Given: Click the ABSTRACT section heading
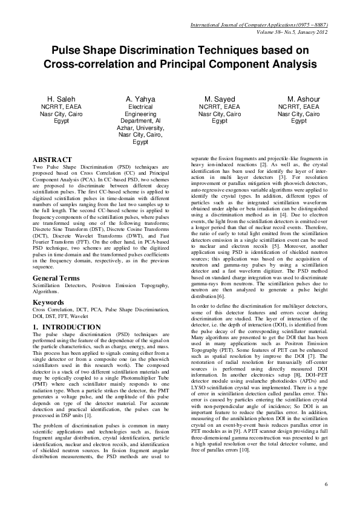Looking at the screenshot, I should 53,160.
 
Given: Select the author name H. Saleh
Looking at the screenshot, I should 57,99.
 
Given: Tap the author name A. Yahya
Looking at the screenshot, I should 140,99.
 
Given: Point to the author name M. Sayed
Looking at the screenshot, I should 219,99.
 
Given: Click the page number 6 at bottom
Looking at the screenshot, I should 326,484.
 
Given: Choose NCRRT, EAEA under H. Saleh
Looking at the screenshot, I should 57,106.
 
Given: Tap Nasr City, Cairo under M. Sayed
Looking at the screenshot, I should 219,113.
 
